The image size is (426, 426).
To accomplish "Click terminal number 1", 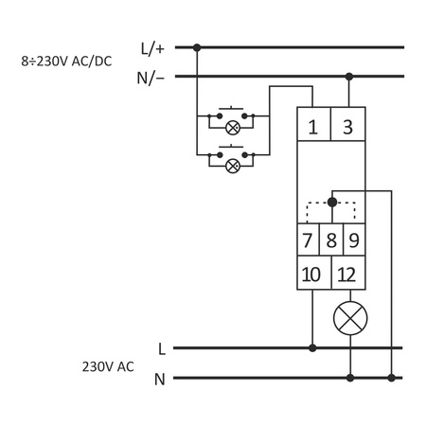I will pos(312,125).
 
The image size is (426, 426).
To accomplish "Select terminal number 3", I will pos(348,125).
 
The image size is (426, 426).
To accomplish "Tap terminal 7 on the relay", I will pos(307,240).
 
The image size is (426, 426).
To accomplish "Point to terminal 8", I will pos(330,240).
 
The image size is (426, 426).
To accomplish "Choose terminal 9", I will pos(353,240).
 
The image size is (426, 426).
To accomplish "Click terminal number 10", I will pos(312,275).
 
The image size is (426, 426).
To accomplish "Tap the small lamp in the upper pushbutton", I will pos(231,126).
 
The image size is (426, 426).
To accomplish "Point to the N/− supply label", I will pos(152,77).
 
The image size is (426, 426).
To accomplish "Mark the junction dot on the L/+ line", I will pos(196,45).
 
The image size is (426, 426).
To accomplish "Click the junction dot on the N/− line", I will pos(349,76).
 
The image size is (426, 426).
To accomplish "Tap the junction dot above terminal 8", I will pos(330,202).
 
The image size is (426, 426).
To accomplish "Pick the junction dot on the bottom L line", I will pos(312,347).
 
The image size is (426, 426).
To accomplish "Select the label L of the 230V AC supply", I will pos(162,348).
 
